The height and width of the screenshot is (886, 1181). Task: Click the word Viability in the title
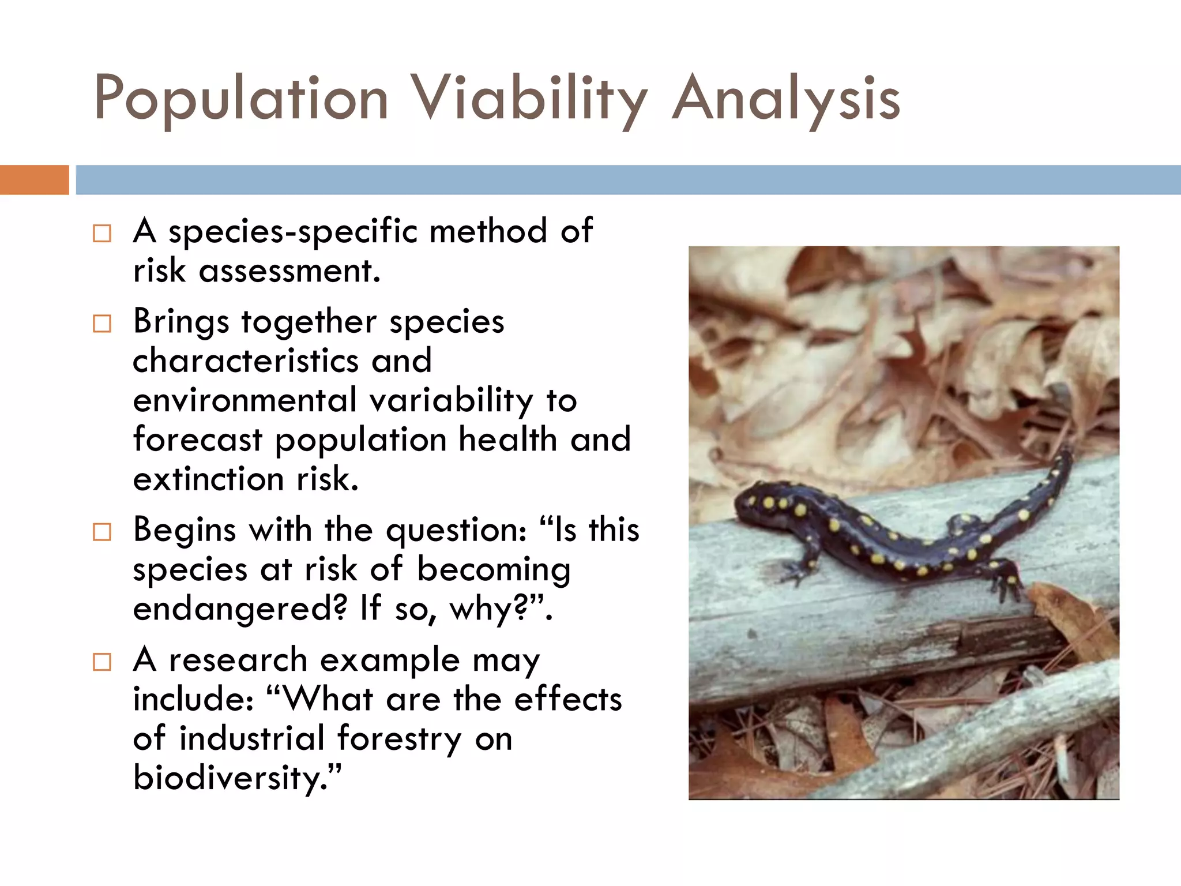click(x=531, y=99)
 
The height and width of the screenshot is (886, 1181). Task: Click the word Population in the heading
click(x=241, y=99)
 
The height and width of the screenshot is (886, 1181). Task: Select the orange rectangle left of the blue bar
click(x=34, y=180)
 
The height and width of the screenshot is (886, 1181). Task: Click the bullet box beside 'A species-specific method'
click(x=102, y=234)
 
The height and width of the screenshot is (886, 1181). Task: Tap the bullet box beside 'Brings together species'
click(x=102, y=324)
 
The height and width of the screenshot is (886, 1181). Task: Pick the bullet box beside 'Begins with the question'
click(x=102, y=532)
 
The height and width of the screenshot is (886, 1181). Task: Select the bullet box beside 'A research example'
click(x=102, y=662)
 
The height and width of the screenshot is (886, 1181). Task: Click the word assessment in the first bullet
click(x=289, y=271)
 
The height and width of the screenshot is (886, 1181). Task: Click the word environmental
click(x=245, y=400)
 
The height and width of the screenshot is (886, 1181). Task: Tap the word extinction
click(x=208, y=479)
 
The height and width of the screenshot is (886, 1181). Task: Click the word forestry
click(x=399, y=739)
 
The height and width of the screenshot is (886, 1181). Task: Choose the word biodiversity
click(x=236, y=778)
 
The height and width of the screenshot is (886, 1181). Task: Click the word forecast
click(x=198, y=440)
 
